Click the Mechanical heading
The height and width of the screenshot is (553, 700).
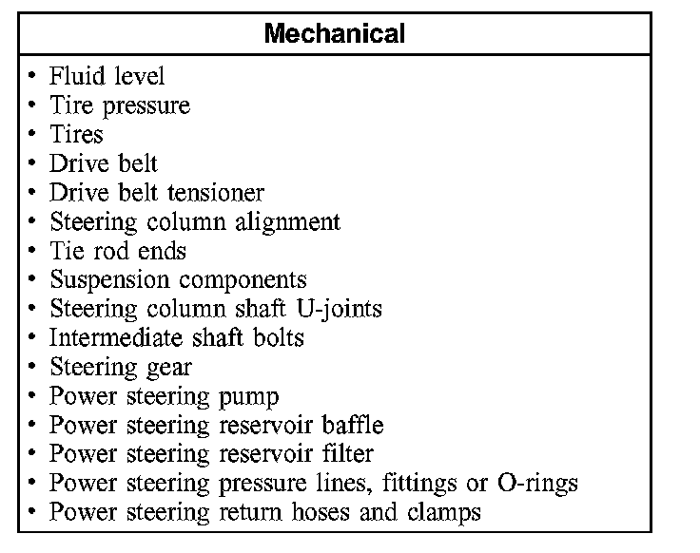[x=335, y=34]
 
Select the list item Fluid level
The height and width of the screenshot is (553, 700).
[x=107, y=75]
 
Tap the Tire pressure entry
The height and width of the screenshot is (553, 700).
[x=120, y=105]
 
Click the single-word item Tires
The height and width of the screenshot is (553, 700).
[x=76, y=133]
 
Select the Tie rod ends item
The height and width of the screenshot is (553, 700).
[x=118, y=251]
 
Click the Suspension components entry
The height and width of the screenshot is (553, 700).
[x=178, y=280]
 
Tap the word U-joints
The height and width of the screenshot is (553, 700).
[x=337, y=309]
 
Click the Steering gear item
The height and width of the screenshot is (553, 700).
[x=121, y=367]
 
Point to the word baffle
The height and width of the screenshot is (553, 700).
[x=351, y=425]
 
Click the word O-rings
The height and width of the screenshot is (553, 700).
[x=537, y=483]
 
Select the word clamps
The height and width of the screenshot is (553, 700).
[x=447, y=512]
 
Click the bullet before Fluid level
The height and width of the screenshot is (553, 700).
[x=33, y=76]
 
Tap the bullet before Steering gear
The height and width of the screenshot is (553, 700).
[x=33, y=368]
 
